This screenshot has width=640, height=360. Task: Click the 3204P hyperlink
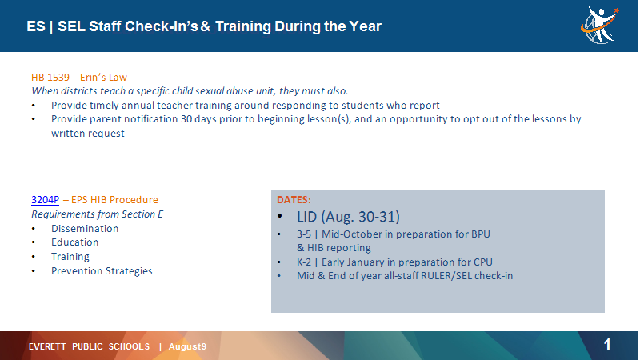click(x=46, y=200)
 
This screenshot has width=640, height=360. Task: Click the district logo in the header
click(x=600, y=25)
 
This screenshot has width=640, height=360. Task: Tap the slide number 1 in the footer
click(x=607, y=346)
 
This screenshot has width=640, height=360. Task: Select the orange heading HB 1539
click(x=50, y=77)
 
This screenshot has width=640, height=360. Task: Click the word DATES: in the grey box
click(x=294, y=199)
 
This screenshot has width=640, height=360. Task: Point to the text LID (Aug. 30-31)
click(x=348, y=217)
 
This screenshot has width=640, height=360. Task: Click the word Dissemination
click(x=85, y=229)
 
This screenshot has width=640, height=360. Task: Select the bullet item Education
click(x=74, y=242)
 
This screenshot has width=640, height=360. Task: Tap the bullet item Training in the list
click(x=70, y=257)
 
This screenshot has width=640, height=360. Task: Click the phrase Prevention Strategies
click(x=102, y=271)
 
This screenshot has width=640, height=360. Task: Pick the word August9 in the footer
click(x=187, y=346)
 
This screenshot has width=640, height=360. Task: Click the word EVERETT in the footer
click(x=47, y=346)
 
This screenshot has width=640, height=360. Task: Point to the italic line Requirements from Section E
click(x=97, y=214)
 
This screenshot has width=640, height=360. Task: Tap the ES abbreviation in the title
click(x=36, y=26)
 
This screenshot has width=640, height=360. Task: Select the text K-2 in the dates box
click(x=304, y=262)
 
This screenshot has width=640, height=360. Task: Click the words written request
click(x=88, y=134)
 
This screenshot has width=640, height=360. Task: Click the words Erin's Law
click(x=103, y=77)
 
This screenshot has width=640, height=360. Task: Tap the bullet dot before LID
click(x=279, y=216)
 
